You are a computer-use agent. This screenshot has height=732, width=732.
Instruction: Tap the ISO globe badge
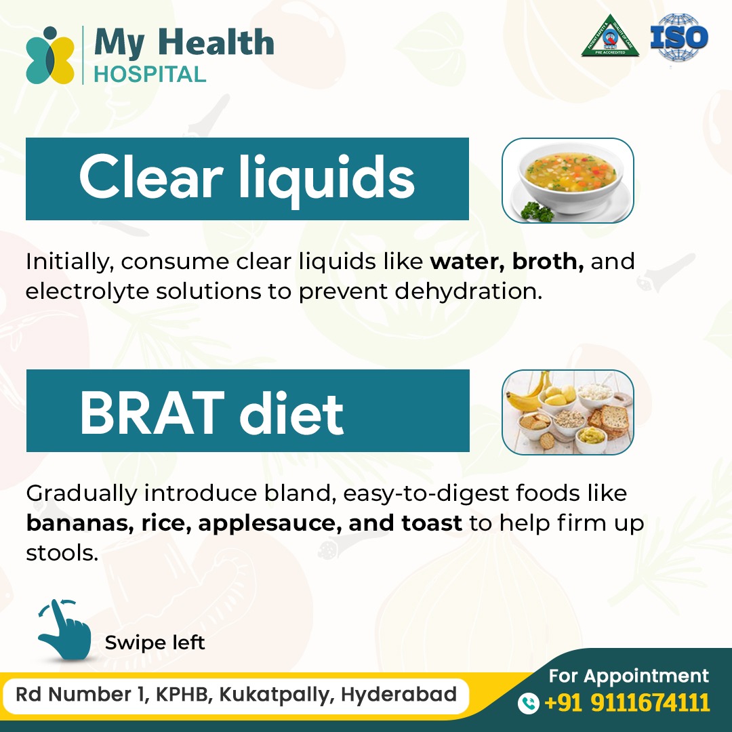pos(678,38)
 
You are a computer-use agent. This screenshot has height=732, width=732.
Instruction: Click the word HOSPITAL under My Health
pos(150,74)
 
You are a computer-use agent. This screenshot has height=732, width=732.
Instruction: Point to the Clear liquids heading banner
pos(247,179)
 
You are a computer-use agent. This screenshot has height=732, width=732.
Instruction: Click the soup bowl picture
pos(567,181)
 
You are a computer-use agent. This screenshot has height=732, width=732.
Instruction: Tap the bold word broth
pos(548,262)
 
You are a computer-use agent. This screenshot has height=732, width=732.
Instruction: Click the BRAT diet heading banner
pos(247,411)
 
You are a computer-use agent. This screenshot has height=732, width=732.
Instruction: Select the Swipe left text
pos(155,642)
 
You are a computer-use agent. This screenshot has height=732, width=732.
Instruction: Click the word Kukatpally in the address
pos(276,695)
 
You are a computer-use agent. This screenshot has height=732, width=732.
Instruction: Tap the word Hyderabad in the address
pos(399,695)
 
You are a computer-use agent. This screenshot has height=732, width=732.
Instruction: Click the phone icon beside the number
pos(527,703)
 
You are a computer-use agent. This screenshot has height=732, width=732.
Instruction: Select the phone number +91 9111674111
pos(628,703)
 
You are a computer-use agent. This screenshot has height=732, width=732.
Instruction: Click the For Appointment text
pos(628,676)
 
